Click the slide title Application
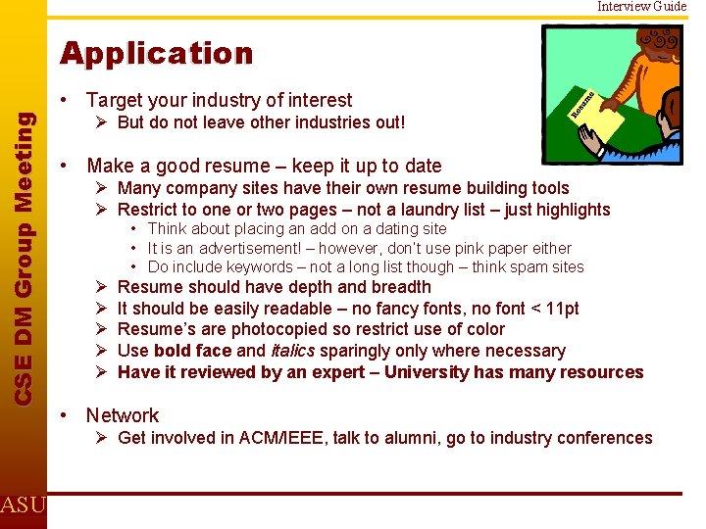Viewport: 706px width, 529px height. pyautogui.click(x=156, y=53)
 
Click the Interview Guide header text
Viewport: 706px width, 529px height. pyautogui.click(x=642, y=7)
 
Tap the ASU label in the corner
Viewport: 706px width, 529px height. pyautogui.click(x=22, y=505)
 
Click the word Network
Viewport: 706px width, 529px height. pyautogui.click(x=123, y=415)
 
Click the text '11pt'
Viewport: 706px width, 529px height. pyautogui.click(x=560, y=309)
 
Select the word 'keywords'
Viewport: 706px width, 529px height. pyautogui.click(x=251, y=266)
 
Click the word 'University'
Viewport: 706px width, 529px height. pyautogui.click(x=430, y=372)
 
